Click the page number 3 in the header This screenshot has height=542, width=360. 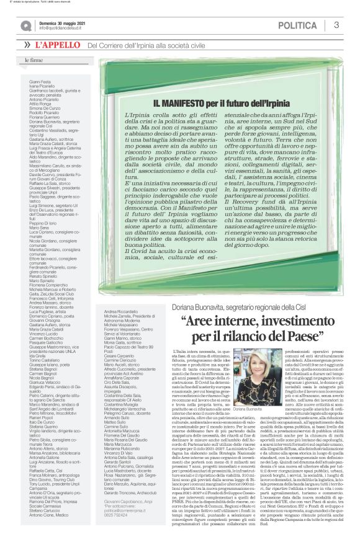coord(336,25)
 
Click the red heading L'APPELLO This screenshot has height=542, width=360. coord(58,45)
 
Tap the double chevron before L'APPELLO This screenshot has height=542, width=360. coord(27,45)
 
